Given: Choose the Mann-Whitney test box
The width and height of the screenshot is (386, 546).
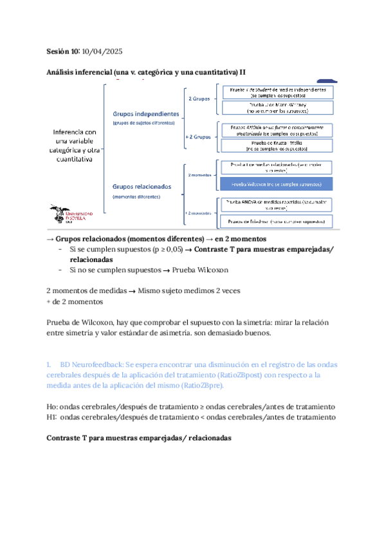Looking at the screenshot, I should coord(277,108).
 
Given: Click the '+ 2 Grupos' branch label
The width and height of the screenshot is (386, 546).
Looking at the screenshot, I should coord(199,137).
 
